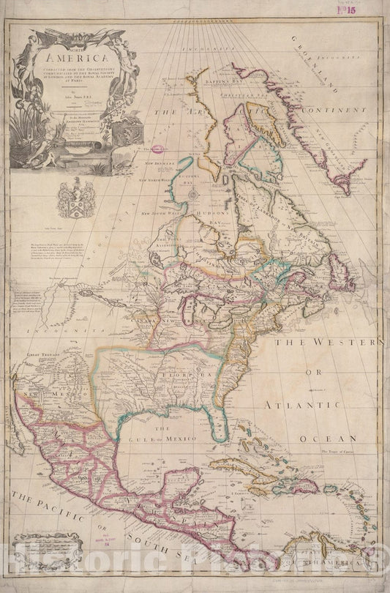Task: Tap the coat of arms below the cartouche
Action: click(x=76, y=198)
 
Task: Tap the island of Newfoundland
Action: click(x=340, y=279)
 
